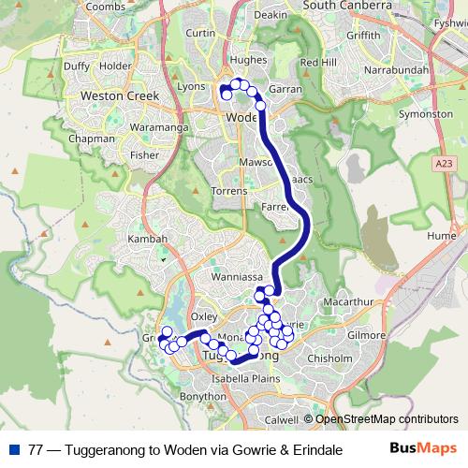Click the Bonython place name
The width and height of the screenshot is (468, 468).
coord(203,397)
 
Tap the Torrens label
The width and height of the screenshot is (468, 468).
coord(229,190)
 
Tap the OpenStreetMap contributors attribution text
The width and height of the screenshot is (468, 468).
coord(383,418)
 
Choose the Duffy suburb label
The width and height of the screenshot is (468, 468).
coord(76,66)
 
